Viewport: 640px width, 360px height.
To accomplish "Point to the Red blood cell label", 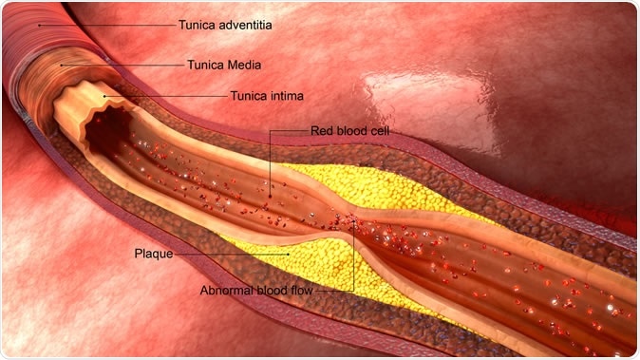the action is [350, 130].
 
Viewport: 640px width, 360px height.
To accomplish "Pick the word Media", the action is [241, 66].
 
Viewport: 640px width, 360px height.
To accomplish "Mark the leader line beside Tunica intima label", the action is [166, 95].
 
